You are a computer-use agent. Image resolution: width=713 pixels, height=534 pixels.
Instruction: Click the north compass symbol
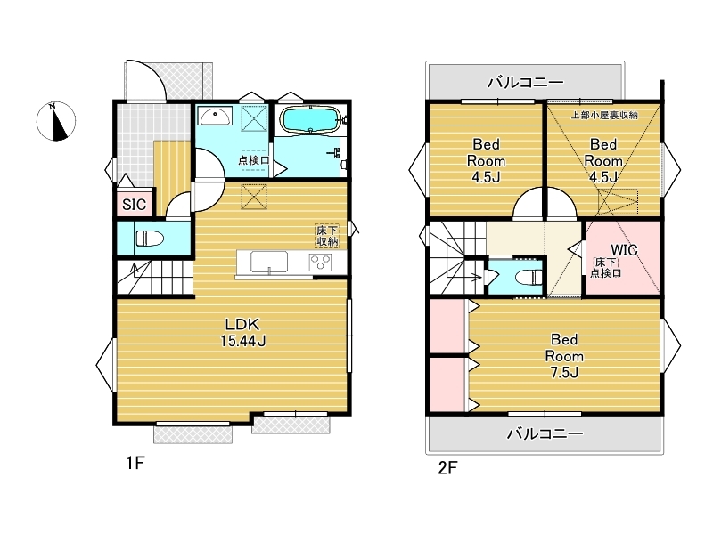click(x=56, y=121)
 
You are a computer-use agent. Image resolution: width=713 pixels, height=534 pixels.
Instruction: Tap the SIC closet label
click(x=135, y=205)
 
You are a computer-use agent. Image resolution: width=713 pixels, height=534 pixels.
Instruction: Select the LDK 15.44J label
click(x=243, y=332)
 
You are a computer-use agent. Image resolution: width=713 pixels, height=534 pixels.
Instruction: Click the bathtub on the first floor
click(x=309, y=119)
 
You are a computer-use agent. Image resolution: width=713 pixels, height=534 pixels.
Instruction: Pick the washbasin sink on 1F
click(x=215, y=117)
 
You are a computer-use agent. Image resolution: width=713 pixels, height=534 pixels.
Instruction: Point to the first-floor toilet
click(x=150, y=238)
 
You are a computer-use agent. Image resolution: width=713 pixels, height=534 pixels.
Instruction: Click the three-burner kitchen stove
click(x=320, y=263)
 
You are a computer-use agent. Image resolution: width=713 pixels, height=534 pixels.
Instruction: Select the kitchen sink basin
click(x=269, y=263)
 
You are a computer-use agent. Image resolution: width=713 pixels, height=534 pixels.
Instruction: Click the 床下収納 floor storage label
click(x=327, y=236)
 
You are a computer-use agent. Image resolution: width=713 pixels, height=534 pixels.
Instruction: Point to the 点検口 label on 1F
click(x=254, y=160)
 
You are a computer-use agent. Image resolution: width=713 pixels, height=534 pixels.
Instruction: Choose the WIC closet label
click(x=624, y=250)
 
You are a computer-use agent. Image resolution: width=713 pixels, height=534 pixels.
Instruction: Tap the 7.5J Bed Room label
click(x=564, y=356)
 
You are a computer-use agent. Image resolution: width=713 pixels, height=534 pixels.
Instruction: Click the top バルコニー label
click(x=526, y=82)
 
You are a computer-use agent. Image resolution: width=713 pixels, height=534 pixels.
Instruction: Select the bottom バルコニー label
click(x=545, y=433)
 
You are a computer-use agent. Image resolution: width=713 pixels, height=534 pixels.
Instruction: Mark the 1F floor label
click(x=135, y=463)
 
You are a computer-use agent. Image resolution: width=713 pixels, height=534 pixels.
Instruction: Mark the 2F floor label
click(x=447, y=467)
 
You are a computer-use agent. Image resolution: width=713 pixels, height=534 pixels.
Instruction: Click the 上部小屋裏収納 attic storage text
click(x=604, y=115)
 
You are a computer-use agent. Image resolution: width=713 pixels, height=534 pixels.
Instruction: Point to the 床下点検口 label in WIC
click(x=606, y=268)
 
